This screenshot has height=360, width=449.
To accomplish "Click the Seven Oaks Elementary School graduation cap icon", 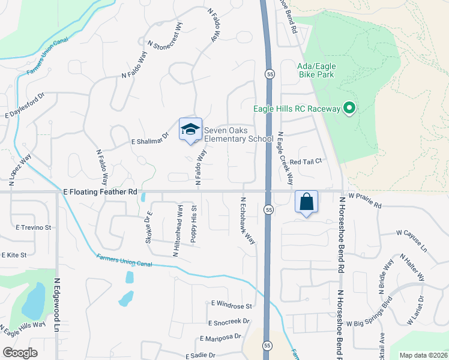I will (190, 129).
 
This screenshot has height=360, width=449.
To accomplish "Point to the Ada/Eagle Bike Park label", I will (316, 70).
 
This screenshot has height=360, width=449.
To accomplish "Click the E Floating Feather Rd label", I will (100, 192).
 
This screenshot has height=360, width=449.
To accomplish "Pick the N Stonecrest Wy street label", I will (166, 37).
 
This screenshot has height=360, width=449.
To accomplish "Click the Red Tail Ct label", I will (306, 161).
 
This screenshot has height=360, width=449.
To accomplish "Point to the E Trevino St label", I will (34, 227).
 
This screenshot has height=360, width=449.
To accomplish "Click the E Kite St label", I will (14, 255).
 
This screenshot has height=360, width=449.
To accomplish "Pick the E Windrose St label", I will (231, 305).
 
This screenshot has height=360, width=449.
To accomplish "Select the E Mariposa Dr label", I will (220, 337).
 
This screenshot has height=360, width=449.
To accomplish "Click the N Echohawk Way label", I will (248, 220).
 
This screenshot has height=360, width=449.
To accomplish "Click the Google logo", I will (20, 353).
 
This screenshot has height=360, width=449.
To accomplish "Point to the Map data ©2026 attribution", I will (423, 355).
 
